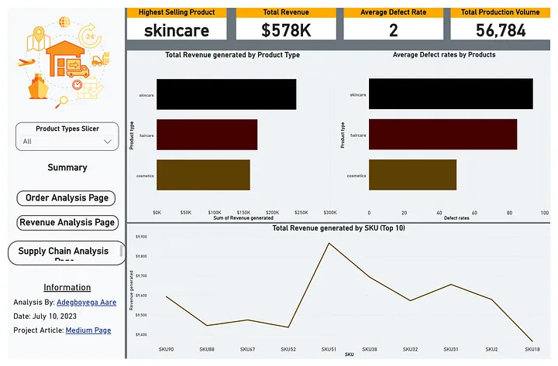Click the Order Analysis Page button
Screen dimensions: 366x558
(66, 198)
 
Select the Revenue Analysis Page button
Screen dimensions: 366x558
(67, 223)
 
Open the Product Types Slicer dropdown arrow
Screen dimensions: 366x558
(108, 142)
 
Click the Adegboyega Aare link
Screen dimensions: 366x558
(86, 303)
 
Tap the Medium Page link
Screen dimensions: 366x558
(88, 330)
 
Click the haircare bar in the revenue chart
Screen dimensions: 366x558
(207, 135)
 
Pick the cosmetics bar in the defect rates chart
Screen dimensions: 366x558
(412, 175)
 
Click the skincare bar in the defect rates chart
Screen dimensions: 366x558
(450, 94)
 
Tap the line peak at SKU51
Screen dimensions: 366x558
(329, 243)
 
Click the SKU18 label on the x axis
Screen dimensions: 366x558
(532, 349)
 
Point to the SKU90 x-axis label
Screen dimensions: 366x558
(166, 349)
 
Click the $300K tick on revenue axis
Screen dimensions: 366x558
(329, 212)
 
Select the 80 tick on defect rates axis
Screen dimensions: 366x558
(509, 212)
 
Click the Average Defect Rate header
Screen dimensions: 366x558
(393, 12)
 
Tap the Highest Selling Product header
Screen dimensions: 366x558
(176, 12)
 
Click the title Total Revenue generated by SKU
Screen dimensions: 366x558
(339, 228)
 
